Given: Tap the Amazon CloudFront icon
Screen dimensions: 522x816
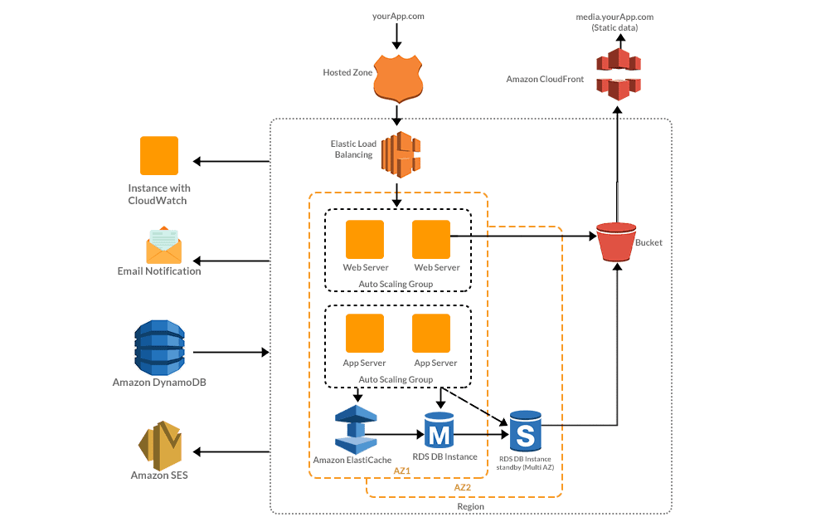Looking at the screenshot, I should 618,74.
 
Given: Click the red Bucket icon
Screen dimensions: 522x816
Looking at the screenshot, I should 616,241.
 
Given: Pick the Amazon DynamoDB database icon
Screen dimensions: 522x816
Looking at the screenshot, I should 159,346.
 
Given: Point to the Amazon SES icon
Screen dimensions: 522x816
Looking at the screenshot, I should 159,446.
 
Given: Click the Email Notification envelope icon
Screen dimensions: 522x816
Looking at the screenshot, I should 163,246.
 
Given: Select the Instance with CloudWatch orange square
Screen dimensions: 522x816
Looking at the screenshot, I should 159,155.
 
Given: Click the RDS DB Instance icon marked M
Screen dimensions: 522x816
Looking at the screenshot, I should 439,431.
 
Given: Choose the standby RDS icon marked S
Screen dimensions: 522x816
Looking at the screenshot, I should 525,431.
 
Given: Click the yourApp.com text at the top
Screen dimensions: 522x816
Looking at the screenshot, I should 397,17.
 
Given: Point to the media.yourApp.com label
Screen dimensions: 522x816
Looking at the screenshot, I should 614,17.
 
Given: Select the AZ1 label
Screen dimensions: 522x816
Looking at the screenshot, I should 402,471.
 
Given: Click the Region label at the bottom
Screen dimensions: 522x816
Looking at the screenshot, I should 470,506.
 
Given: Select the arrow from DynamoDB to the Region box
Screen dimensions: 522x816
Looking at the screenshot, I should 231,353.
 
